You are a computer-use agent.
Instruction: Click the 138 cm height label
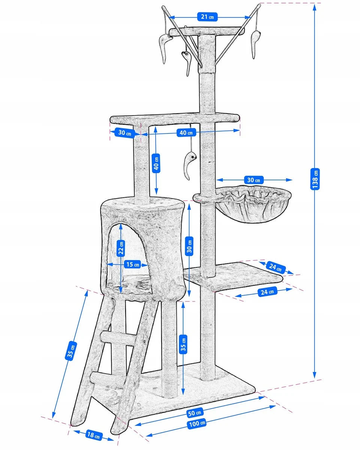[315, 178]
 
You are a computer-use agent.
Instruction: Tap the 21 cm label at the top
[207, 17]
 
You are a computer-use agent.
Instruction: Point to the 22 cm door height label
[121, 248]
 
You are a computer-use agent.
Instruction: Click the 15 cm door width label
[133, 264]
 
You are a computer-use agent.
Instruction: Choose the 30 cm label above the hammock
[253, 180]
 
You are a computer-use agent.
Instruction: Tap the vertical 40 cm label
[156, 163]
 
